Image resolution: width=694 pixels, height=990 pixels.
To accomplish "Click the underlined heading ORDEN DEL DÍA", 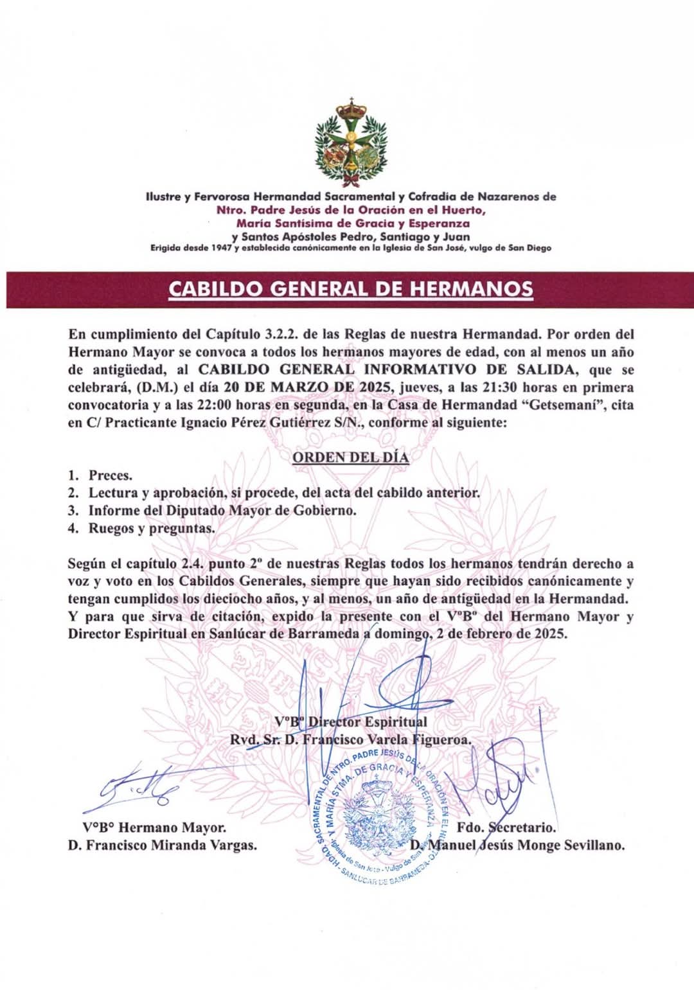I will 350,457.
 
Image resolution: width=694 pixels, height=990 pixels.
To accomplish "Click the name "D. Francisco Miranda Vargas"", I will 163,845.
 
